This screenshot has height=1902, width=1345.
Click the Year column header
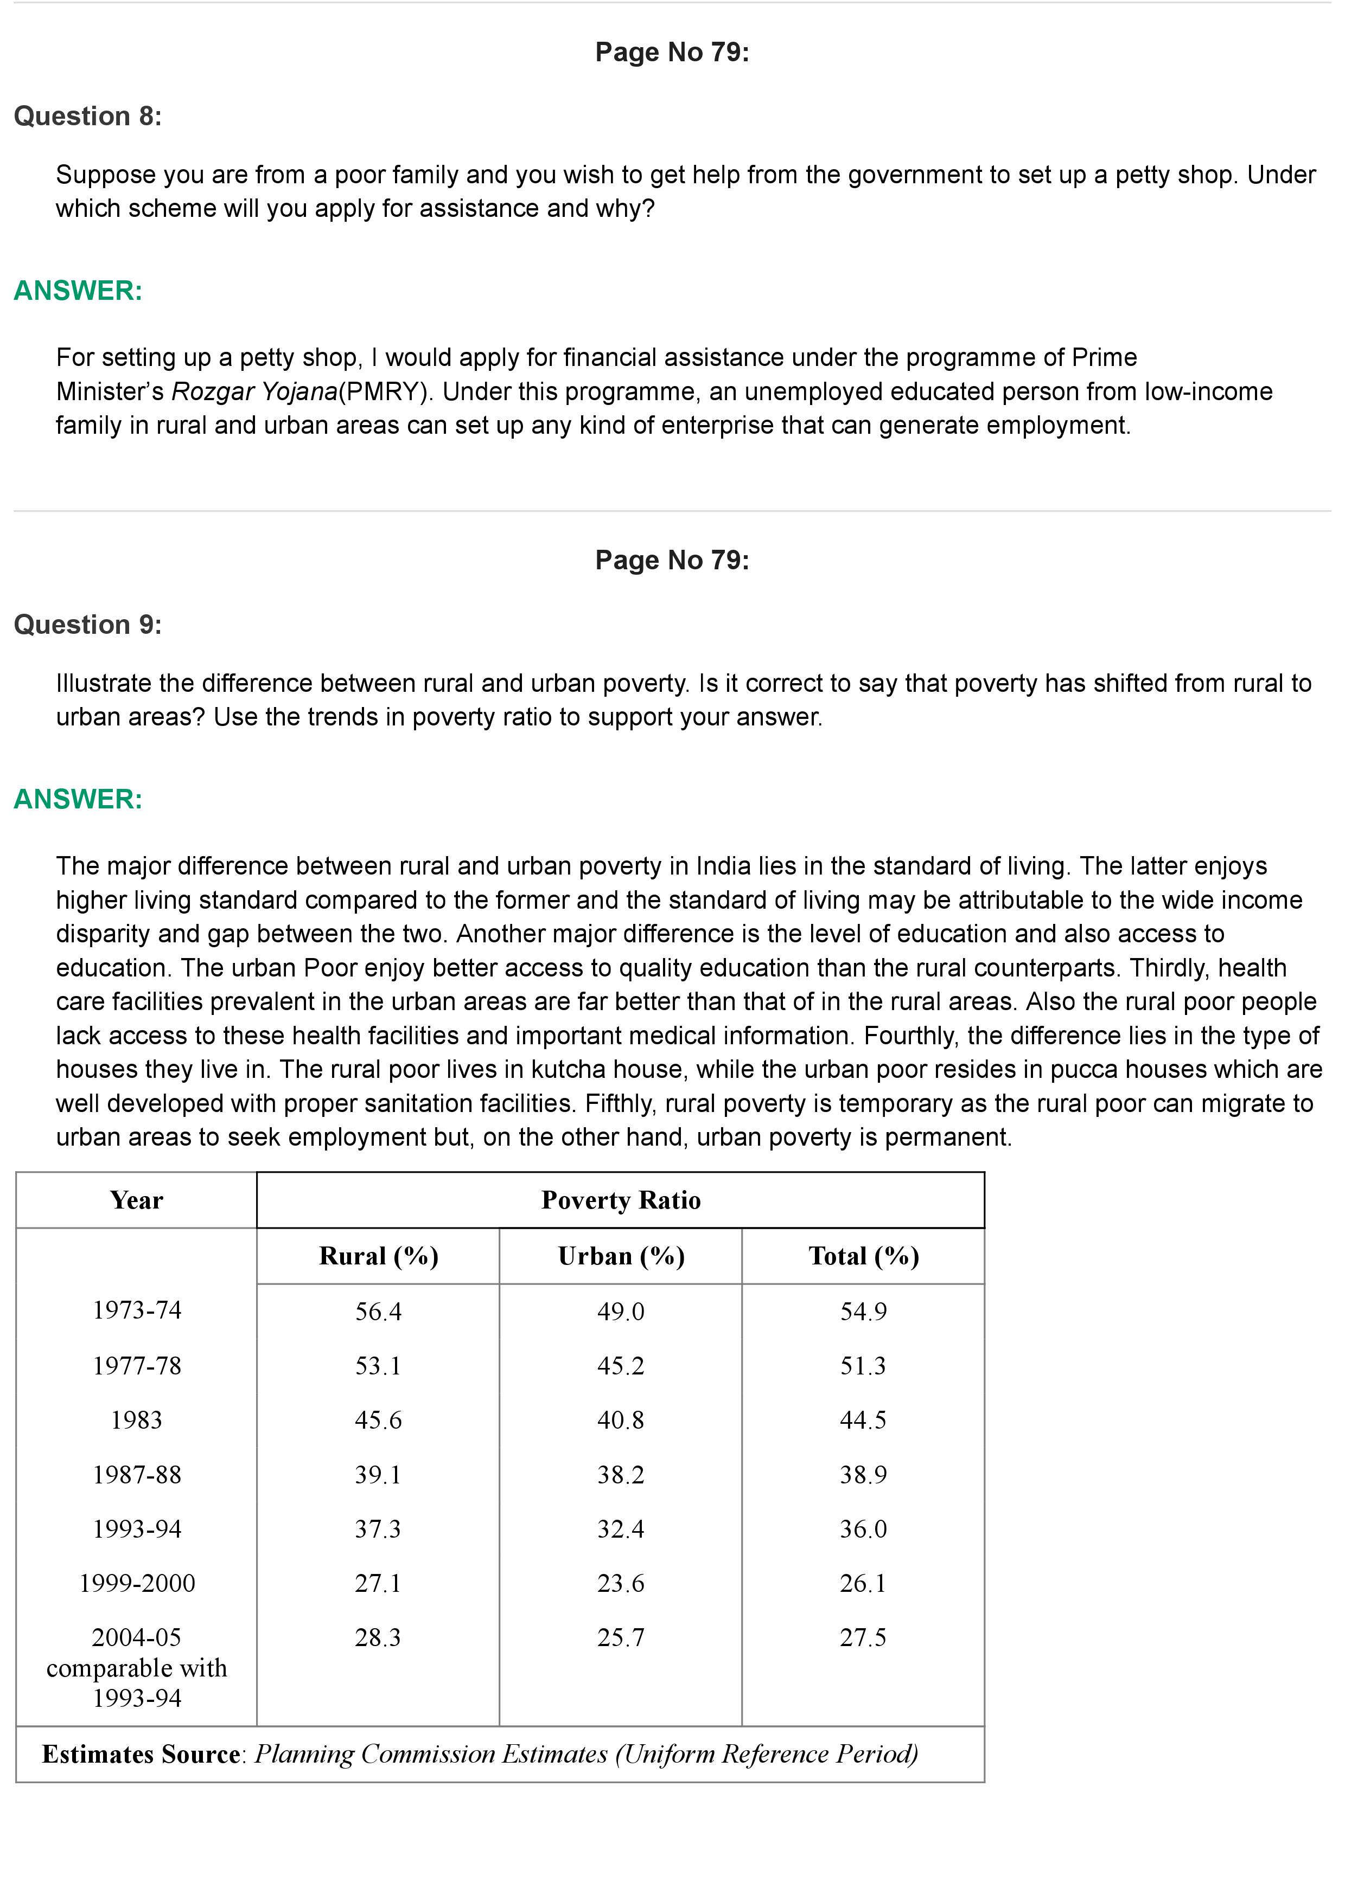click(137, 1200)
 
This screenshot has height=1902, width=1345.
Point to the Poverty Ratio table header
click(621, 1200)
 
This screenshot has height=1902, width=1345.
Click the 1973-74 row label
click(137, 1310)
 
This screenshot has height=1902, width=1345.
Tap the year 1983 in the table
click(137, 1420)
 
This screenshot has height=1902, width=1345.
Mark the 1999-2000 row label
click(137, 1583)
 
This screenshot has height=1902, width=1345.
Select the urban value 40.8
click(621, 1420)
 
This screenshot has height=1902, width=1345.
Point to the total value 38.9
click(864, 1475)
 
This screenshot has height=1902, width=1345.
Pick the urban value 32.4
click(621, 1528)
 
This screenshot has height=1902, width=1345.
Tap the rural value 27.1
click(378, 1583)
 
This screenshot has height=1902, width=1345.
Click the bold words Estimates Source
click(141, 1755)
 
